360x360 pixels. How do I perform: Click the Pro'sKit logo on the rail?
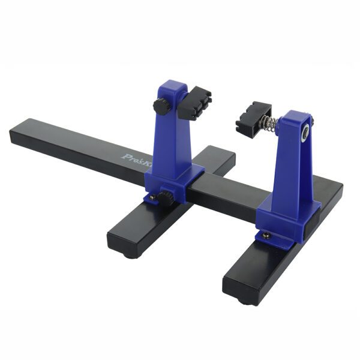point(134,160)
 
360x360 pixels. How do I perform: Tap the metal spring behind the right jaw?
point(271,124)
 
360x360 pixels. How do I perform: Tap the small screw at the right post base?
point(263,236)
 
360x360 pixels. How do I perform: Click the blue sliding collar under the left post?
point(174,180)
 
